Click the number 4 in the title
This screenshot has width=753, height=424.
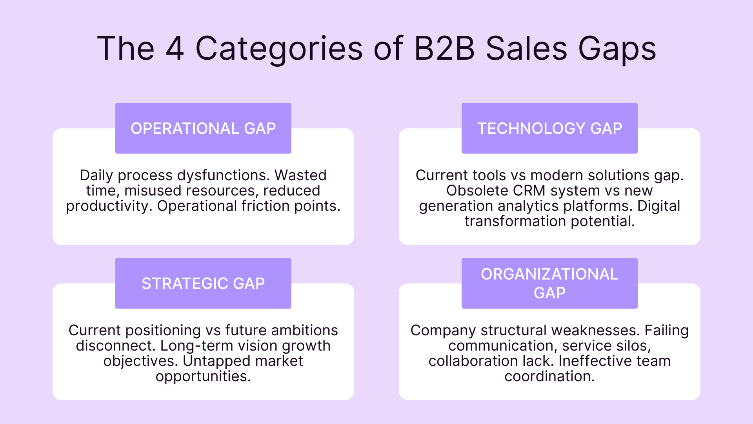pyautogui.click(x=175, y=49)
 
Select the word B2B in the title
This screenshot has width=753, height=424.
pyautogui.click(x=444, y=49)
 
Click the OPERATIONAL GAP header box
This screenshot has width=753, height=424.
pyautogui.click(x=203, y=128)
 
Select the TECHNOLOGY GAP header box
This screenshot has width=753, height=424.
pyautogui.click(x=549, y=128)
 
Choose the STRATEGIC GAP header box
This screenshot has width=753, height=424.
pyautogui.click(x=203, y=283)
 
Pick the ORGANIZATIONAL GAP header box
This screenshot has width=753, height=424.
pyautogui.click(x=549, y=283)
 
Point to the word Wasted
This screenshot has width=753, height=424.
pyautogui.click(x=300, y=175)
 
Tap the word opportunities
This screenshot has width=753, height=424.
pyautogui.click(x=203, y=376)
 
